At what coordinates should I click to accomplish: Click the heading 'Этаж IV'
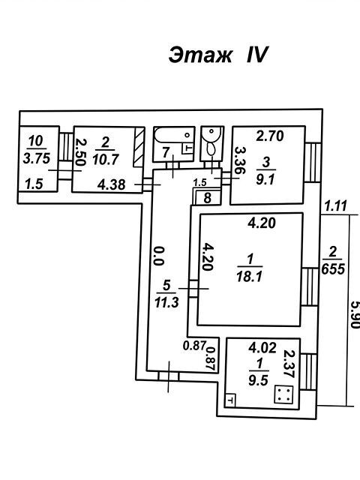click(218, 55)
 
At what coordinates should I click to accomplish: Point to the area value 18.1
click(250, 277)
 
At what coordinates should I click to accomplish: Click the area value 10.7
click(106, 159)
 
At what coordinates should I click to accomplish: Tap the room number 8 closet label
click(208, 198)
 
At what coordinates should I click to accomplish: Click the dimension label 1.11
click(336, 206)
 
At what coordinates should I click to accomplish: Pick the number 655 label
click(333, 268)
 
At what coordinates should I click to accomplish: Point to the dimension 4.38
click(112, 184)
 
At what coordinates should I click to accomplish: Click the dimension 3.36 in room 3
click(240, 160)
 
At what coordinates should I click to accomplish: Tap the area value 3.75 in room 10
click(37, 158)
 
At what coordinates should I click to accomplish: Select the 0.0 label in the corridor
click(158, 256)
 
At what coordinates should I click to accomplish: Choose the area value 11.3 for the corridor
click(166, 303)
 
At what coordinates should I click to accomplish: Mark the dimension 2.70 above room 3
click(270, 136)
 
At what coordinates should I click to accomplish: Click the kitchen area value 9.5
click(258, 380)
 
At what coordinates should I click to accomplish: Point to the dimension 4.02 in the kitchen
click(262, 347)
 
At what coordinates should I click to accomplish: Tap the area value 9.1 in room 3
click(265, 179)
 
